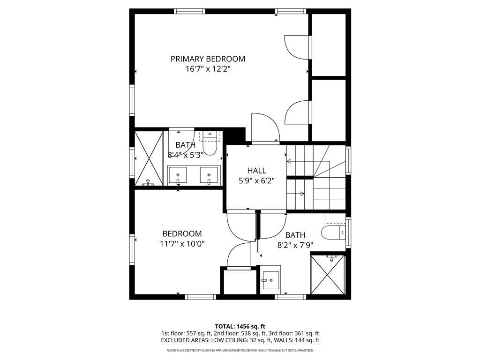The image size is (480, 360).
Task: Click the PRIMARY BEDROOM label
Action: (208, 59)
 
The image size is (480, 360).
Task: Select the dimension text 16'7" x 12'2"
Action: (208, 69)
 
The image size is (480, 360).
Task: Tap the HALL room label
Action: (256, 171)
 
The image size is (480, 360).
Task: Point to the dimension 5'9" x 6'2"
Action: (256, 180)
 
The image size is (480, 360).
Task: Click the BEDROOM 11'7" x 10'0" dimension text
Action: (182, 244)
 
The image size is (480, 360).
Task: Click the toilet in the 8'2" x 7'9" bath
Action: (333, 232)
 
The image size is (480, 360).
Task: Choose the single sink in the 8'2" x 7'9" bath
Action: (270, 280)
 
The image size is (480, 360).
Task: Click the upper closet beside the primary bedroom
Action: (328, 45)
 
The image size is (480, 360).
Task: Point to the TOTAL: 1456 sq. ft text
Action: (240, 326)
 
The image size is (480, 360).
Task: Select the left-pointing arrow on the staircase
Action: (289, 162)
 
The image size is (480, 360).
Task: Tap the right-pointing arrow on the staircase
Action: (303, 193)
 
